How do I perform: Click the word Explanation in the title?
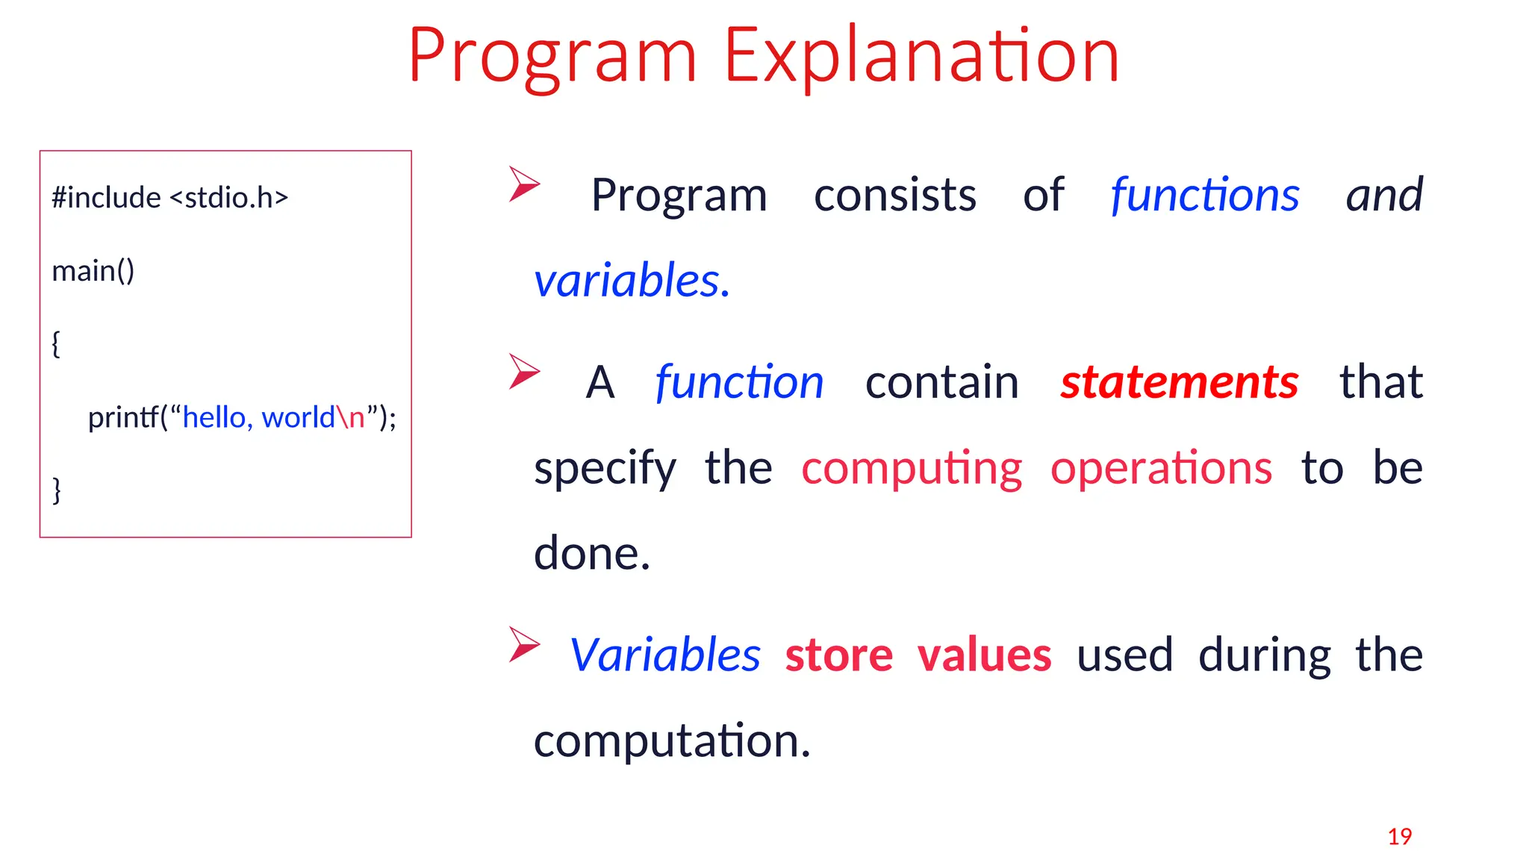pyautogui.click(x=921, y=56)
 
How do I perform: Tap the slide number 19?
pyautogui.click(x=1399, y=836)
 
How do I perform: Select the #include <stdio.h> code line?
pyautogui.click(x=169, y=198)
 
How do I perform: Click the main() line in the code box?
pyautogui.click(x=93, y=271)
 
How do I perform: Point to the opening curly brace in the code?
pyautogui.click(x=56, y=344)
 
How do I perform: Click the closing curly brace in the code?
pyautogui.click(x=56, y=490)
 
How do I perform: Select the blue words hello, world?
pyautogui.click(x=258, y=417)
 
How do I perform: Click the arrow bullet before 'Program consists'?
pyautogui.click(x=523, y=184)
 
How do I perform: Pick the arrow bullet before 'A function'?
pyautogui.click(x=523, y=371)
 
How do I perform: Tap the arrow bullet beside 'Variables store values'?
pyautogui.click(x=523, y=644)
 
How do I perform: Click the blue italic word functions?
pyautogui.click(x=1204, y=196)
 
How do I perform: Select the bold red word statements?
pyautogui.click(x=1179, y=382)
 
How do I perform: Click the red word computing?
pyautogui.click(x=911, y=470)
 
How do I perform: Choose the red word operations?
pyautogui.click(x=1161, y=468)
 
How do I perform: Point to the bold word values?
pyautogui.click(x=984, y=655)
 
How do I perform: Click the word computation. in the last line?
pyautogui.click(x=671, y=741)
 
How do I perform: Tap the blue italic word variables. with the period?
pyautogui.click(x=632, y=281)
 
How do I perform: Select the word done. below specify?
pyautogui.click(x=592, y=554)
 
